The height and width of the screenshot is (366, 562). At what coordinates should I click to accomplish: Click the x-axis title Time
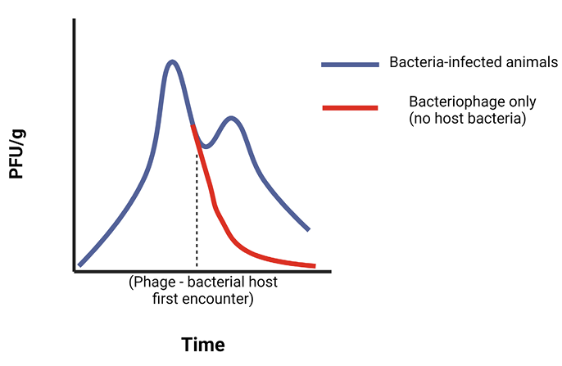[x=202, y=344]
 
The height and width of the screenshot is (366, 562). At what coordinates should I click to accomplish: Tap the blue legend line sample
[x=350, y=64]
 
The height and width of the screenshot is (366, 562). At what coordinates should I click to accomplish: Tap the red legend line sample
[x=350, y=107]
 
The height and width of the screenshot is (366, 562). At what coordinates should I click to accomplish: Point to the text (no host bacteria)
[x=467, y=119]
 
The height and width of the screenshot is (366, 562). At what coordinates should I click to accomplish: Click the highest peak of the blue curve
[x=171, y=61]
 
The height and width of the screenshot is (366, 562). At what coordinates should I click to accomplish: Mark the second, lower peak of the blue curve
[x=232, y=118]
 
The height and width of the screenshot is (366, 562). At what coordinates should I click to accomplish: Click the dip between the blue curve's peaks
[x=206, y=147]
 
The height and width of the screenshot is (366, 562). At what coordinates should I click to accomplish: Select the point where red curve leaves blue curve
[x=193, y=125]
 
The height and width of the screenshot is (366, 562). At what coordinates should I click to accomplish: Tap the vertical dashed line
[x=197, y=213]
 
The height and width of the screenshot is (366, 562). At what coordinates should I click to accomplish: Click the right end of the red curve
[x=314, y=265]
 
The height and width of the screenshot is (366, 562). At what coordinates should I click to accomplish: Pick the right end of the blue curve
[x=309, y=229]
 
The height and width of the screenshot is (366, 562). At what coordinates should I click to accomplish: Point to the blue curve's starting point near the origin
[x=80, y=264]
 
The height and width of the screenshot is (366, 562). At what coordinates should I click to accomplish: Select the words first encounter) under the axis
[x=203, y=300]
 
